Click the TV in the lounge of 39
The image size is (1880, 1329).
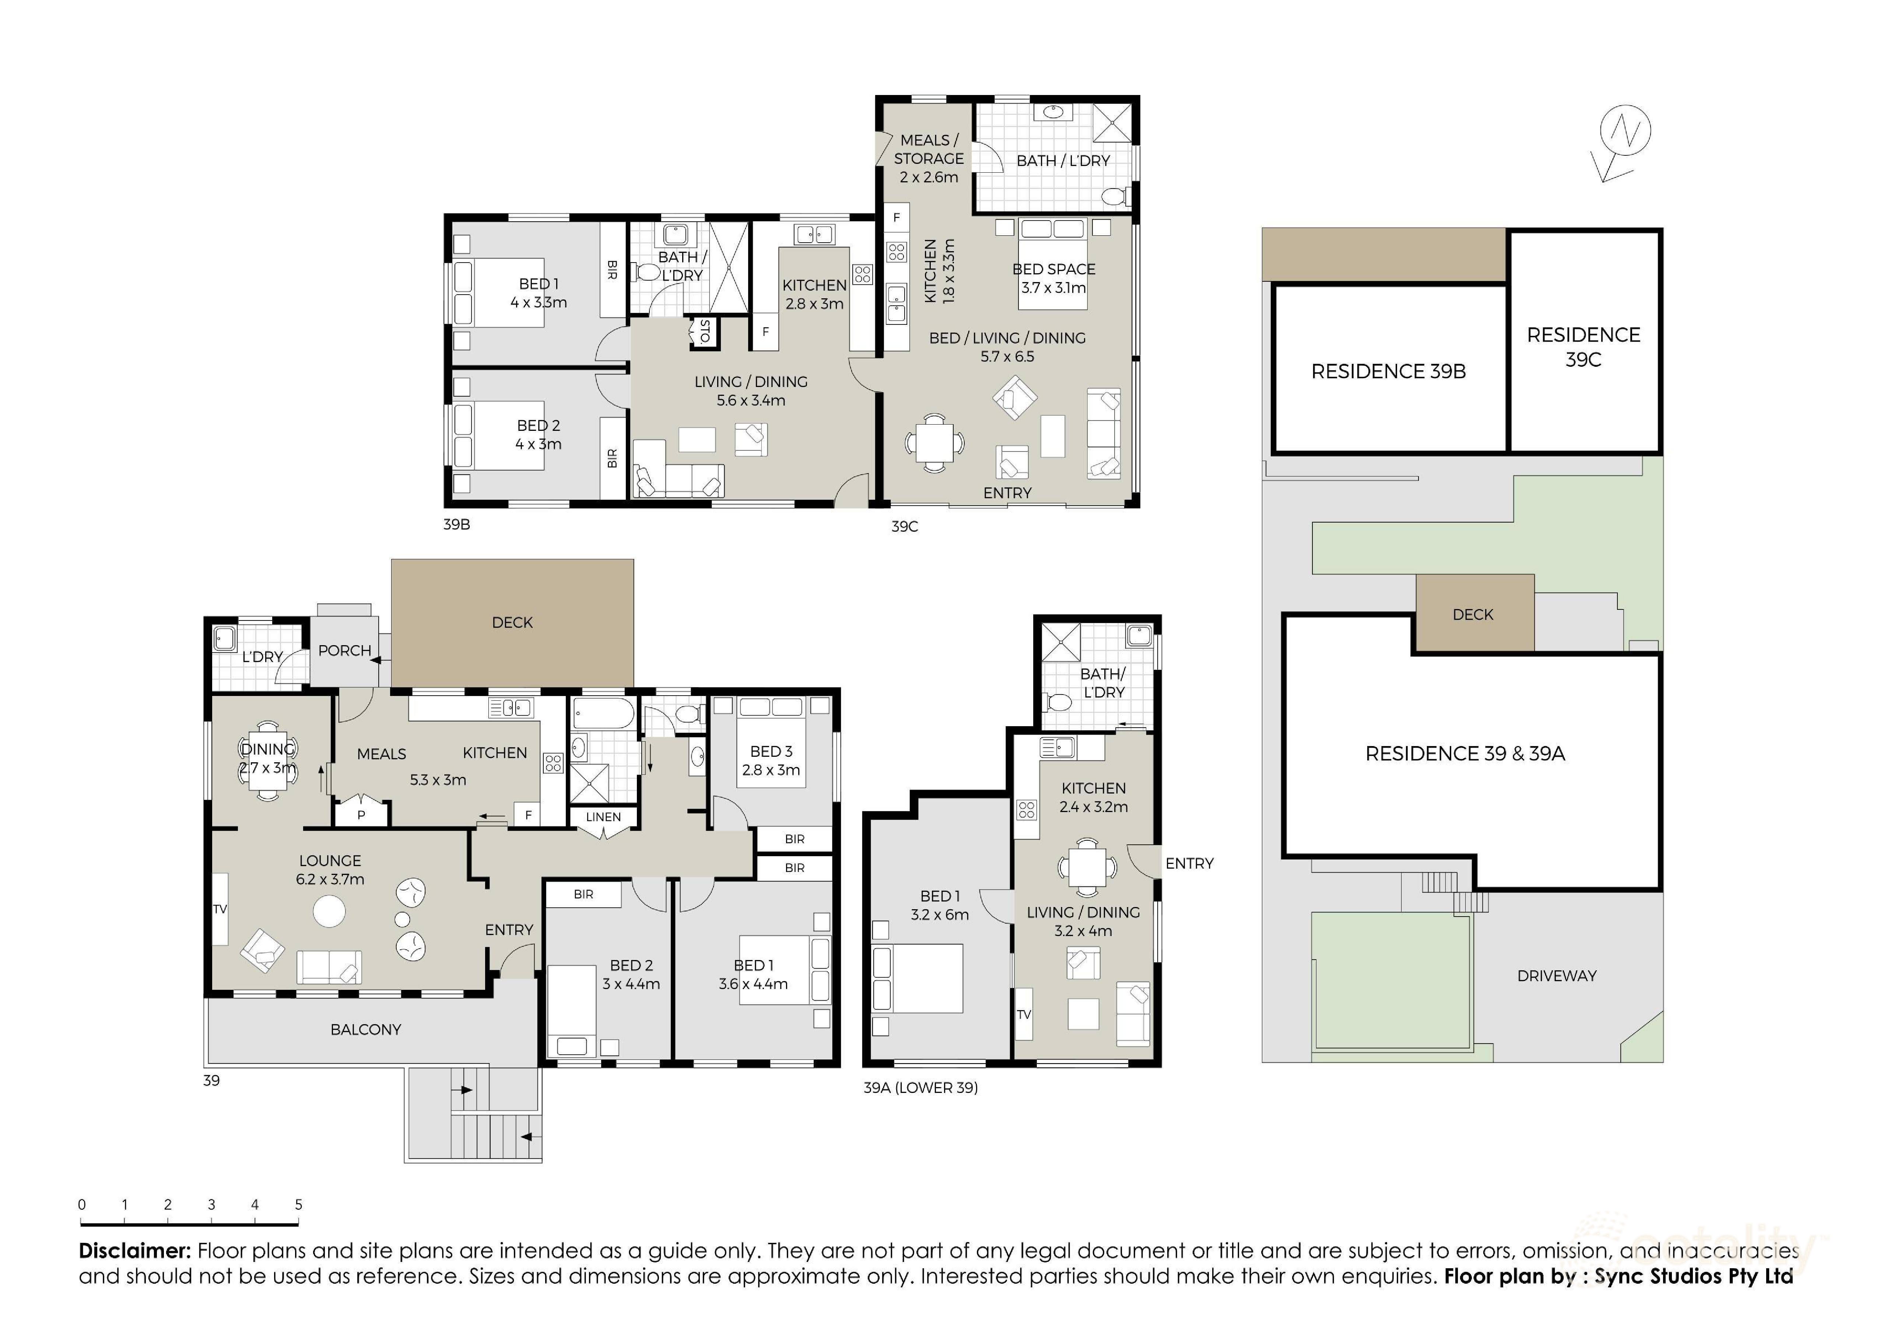coord(220,909)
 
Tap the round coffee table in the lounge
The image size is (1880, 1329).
coord(329,911)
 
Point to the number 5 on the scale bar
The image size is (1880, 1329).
coord(298,1205)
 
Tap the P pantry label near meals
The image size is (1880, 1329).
coord(361,815)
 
